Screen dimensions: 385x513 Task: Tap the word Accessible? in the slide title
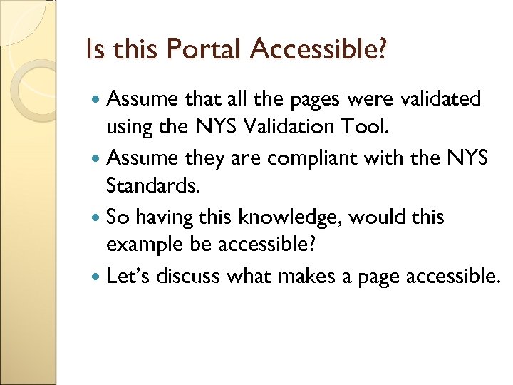point(318,49)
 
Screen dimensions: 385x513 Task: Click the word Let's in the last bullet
point(128,275)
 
